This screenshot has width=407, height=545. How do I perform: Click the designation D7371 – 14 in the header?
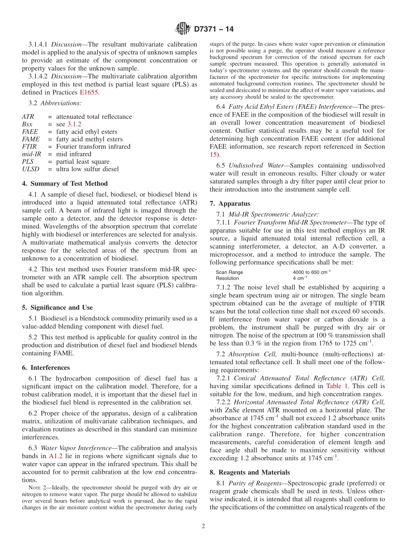[x=214, y=30]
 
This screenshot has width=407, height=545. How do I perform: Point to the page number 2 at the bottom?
[x=203, y=527]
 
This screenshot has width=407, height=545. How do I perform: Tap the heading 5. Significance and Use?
[x=57, y=308]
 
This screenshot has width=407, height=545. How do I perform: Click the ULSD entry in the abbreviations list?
[x=30, y=169]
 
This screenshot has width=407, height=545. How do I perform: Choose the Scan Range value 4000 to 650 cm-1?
[x=311, y=272]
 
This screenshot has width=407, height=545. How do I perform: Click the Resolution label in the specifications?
[x=227, y=278]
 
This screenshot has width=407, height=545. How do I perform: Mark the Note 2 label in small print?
[x=34, y=488]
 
